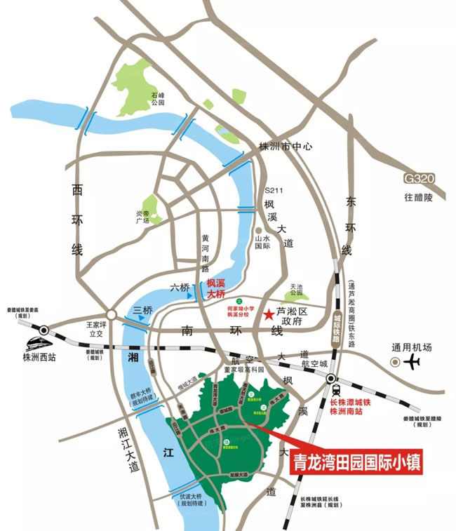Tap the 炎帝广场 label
(x=143, y=216)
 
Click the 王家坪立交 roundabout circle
(x=110, y=314)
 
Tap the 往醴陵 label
(x=419, y=198)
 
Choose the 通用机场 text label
(x=412, y=347)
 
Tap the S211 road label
(x=272, y=190)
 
